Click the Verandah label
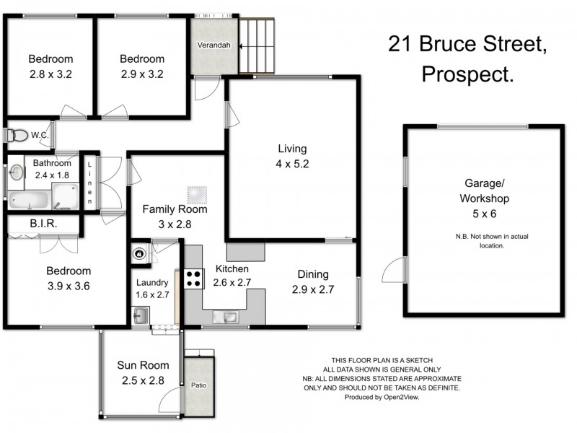tap(214, 45)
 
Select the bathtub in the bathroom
tap(30, 198)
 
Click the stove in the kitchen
tap(193, 279)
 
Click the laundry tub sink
tap(141, 315)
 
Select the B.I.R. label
tap(43, 224)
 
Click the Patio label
tap(199, 385)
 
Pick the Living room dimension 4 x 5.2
tap(293, 163)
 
